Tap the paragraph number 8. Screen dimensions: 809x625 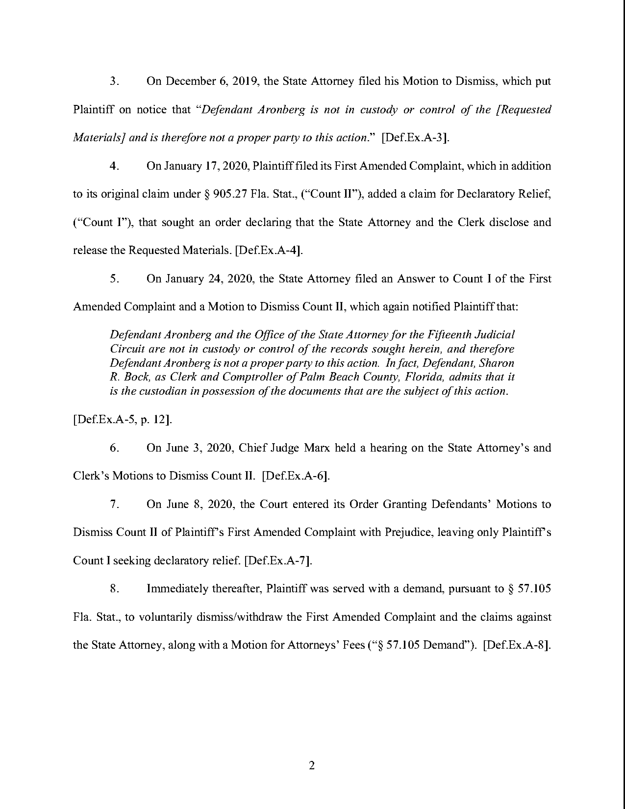(x=114, y=589)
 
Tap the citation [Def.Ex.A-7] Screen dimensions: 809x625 (x=278, y=560)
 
